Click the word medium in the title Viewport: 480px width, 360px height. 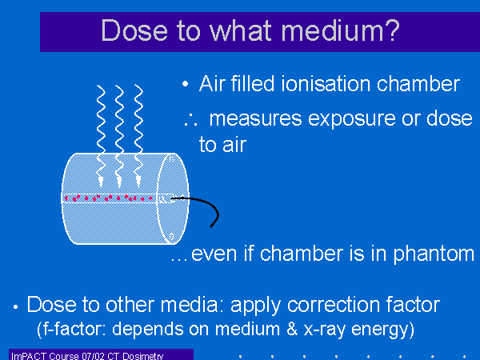331,30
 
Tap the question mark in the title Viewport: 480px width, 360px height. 391,30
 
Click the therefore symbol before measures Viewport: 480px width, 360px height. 190,120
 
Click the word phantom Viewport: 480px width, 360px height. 434,254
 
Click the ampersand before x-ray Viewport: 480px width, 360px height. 292,329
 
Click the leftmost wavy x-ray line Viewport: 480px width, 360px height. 101,136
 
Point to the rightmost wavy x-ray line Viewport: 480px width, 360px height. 138,136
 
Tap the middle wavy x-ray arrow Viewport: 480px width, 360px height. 119,136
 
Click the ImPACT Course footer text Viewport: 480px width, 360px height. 87,356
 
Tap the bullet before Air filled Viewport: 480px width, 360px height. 186,83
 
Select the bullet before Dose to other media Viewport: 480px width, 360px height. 16,307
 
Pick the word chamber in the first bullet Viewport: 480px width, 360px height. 418,83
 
